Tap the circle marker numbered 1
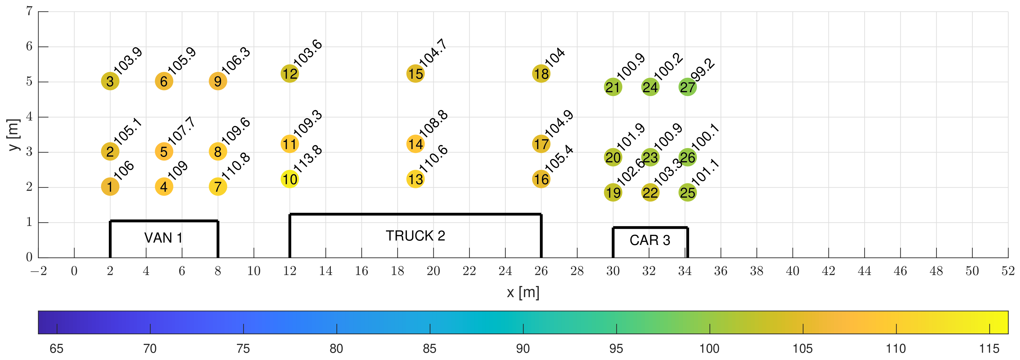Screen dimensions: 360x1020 110,186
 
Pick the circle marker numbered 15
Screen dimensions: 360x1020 415,74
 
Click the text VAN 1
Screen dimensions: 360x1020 163,238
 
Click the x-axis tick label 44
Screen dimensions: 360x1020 864,271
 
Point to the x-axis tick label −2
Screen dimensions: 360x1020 39,271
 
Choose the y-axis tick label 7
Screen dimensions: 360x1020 29,11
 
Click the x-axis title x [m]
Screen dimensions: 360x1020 523,293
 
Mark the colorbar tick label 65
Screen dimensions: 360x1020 57,349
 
